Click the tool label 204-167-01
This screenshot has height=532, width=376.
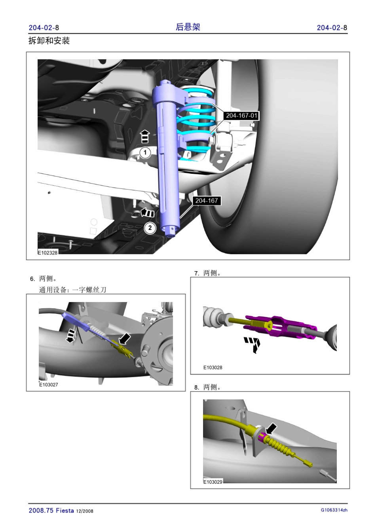coord(241,116)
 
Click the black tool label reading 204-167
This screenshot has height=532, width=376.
coord(207,201)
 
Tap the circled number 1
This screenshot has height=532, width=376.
coord(145,152)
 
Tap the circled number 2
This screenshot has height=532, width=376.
coord(150,228)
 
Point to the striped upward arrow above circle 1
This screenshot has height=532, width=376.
coord(145,137)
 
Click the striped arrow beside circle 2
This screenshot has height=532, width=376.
coord(147,212)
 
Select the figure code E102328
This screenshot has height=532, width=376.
coord(48,253)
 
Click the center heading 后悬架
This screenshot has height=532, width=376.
coord(188,27)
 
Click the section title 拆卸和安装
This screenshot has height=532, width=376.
coord(49,41)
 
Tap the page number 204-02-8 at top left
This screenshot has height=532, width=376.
coord(44,28)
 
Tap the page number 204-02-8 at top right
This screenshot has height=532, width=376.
coord(332,28)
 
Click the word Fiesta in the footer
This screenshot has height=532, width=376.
coord(65,510)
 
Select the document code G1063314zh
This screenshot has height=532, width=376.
coord(334,510)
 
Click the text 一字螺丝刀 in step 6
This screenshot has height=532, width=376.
coord(89,290)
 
